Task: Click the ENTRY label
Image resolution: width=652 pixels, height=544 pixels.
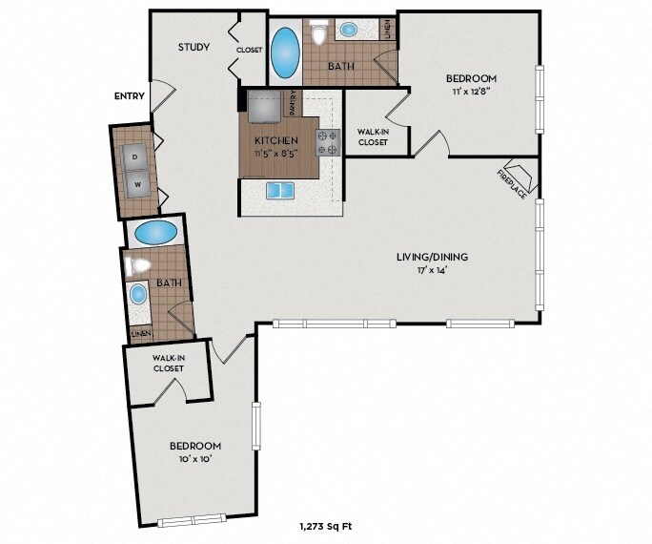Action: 130,96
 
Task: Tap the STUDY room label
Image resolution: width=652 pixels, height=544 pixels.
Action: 194,47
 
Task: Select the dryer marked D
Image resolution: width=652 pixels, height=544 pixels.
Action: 133,157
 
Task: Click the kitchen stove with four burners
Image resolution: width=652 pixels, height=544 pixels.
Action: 328,142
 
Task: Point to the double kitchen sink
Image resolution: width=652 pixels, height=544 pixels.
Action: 280,191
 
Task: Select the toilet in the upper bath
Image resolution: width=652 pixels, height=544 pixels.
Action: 319,31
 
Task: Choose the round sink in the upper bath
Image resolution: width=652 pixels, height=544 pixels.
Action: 348,30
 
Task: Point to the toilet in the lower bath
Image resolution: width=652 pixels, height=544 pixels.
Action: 137,265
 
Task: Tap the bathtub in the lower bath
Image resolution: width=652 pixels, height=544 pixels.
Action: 156,232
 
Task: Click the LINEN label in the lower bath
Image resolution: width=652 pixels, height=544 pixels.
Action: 141,334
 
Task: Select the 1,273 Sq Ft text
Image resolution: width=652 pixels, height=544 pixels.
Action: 326,527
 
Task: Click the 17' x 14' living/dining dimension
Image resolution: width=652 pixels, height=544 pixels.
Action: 433,270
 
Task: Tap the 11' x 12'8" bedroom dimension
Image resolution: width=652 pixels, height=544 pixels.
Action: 471,92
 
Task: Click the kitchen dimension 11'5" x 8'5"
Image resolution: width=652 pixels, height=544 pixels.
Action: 276,153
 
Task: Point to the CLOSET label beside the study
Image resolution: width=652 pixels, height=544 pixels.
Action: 250,50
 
